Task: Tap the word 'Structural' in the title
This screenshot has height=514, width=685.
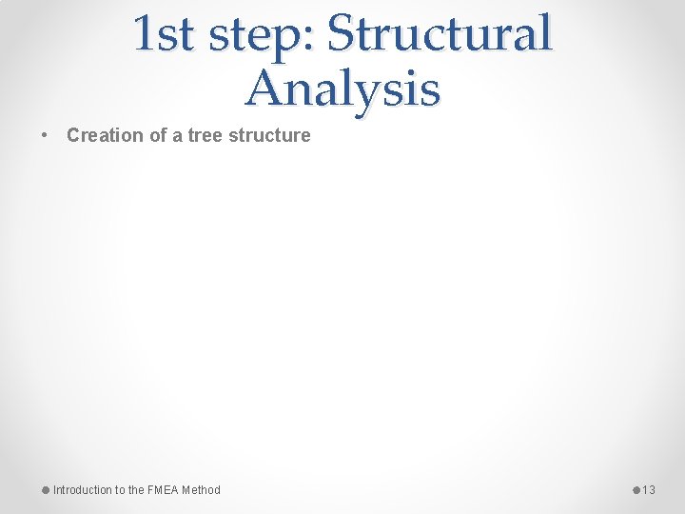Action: click(439, 34)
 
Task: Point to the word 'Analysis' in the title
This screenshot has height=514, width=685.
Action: click(342, 89)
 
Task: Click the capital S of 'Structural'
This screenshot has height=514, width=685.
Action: click(341, 34)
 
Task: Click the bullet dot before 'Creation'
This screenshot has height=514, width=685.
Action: click(46, 135)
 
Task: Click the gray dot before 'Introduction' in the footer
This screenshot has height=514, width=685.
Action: click(46, 490)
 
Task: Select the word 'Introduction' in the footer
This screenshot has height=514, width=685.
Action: click(82, 490)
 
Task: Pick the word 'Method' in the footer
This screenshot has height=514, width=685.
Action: click(201, 490)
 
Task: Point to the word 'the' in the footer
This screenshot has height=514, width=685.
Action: click(135, 490)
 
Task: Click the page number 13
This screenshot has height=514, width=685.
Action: click(649, 490)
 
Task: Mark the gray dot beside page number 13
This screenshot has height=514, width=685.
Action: click(636, 490)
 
